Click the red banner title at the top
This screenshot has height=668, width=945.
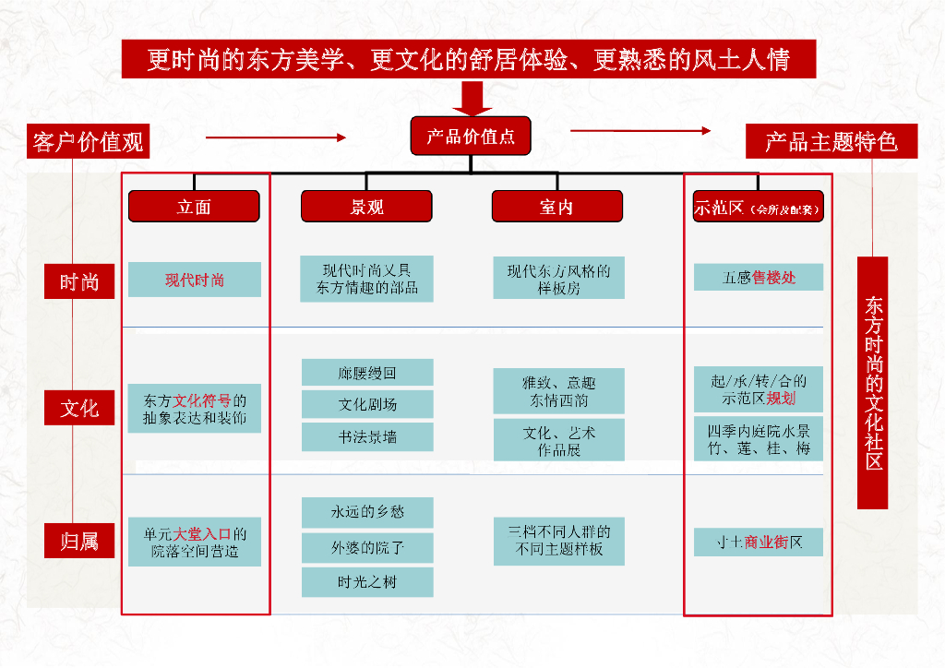click(469, 60)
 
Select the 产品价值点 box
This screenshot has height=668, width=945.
click(471, 137)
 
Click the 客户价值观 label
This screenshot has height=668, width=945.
click(88, 142)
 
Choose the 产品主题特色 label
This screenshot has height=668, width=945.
click(831, 141)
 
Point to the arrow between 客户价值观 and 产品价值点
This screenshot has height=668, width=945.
click(275, 137)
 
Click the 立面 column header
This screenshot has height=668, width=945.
click(194, 207)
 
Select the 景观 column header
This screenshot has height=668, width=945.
click(366, 207)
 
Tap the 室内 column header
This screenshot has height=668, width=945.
click(556, 207)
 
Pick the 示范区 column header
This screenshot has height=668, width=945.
click(757, 208)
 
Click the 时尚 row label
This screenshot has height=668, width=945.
click(79, 281)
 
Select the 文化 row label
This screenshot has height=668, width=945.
click(79, 407)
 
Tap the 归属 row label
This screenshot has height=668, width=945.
click(79, 541)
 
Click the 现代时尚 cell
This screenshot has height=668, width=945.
click(195, 280)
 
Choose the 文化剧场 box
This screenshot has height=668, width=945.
click(367, 404)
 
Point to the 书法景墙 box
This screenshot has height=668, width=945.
click(367, 436)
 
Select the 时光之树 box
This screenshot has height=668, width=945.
click(367, 581)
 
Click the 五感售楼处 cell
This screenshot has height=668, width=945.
click(759, 277)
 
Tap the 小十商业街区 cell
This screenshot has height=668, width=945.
click(759, 542)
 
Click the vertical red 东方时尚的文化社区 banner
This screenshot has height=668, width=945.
click(873, 383)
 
